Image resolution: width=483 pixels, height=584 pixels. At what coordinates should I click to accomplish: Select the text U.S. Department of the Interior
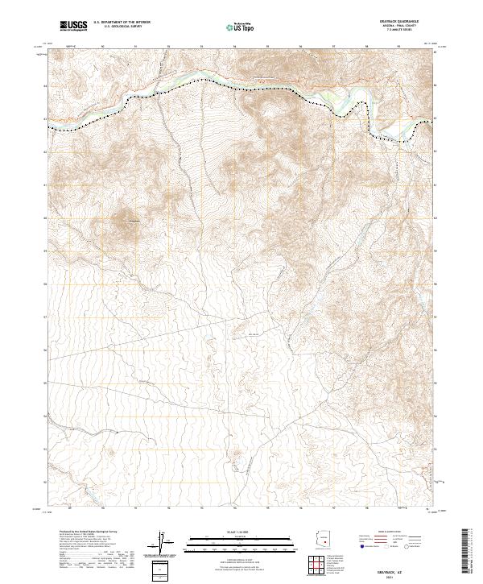click(122, 22)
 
